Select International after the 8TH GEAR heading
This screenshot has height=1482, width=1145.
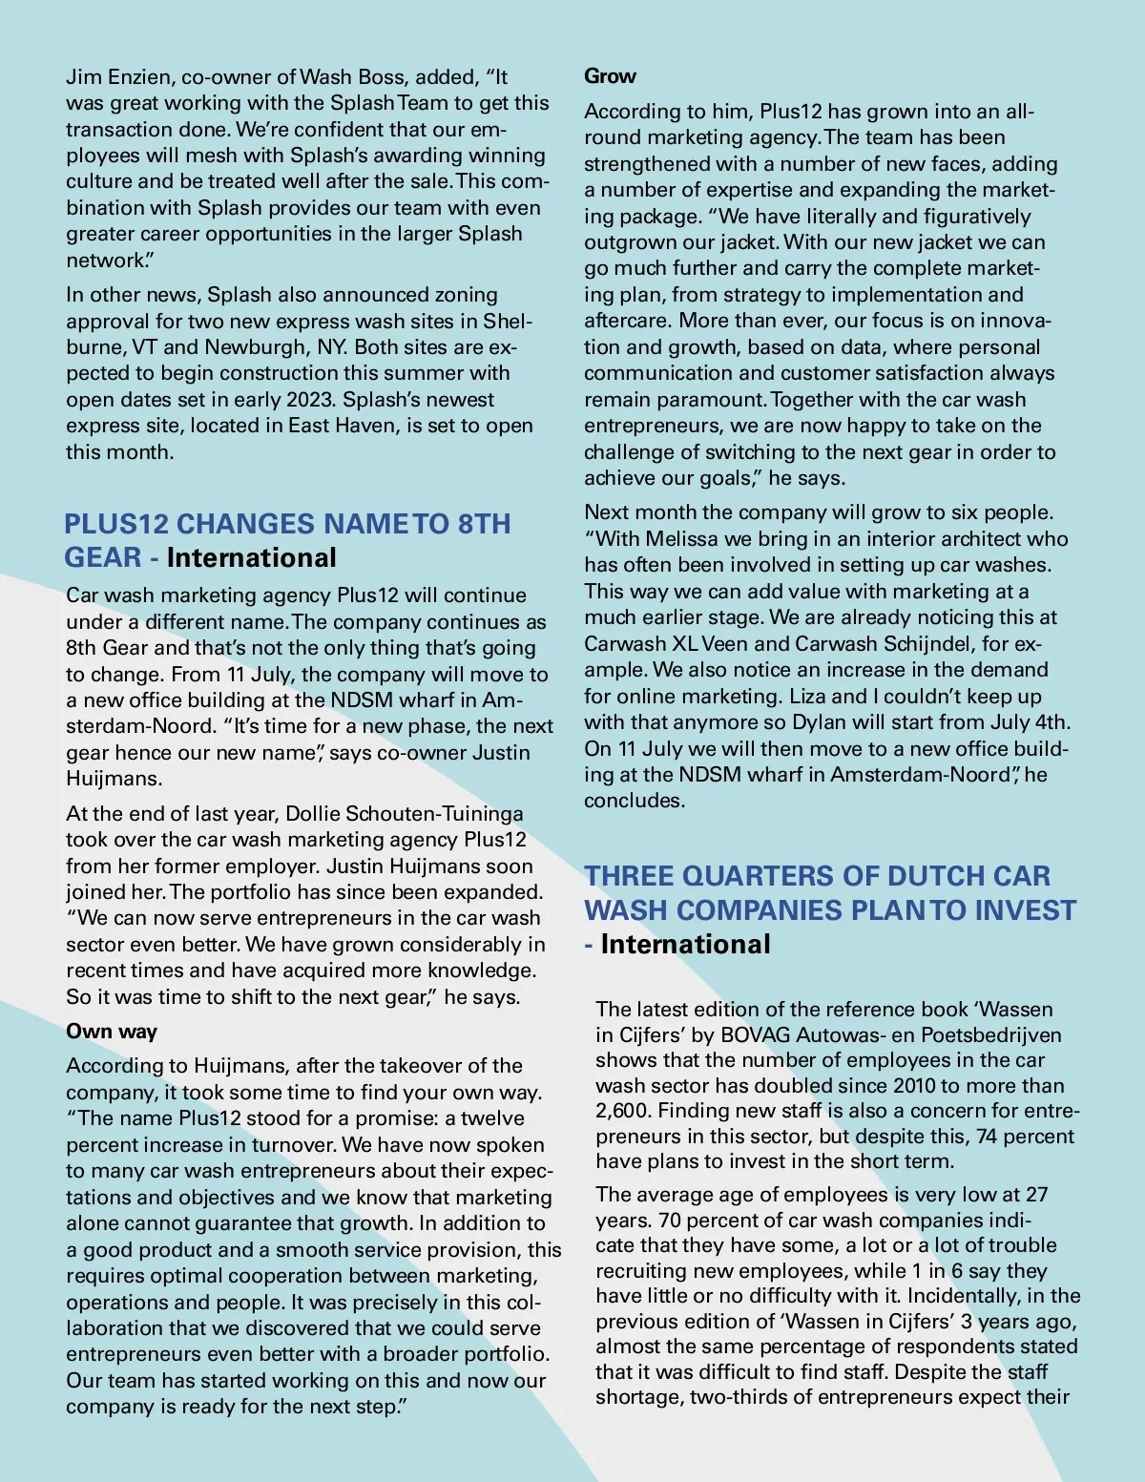click(x=252, y=558)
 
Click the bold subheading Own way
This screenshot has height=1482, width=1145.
click(x=112, y=1032)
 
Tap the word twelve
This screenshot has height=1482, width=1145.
click(x=493, y=1118)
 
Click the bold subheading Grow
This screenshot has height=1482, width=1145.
click(x=610, y=76)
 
